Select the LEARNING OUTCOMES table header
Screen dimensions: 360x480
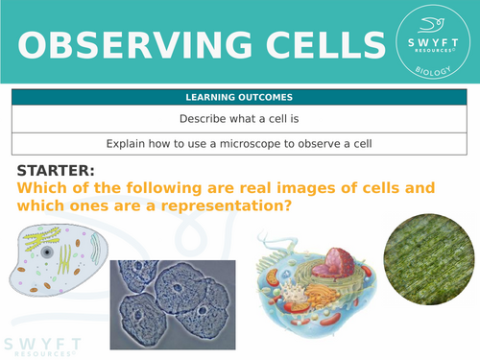coord(239,98)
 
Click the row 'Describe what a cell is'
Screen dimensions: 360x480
coord(239,120)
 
